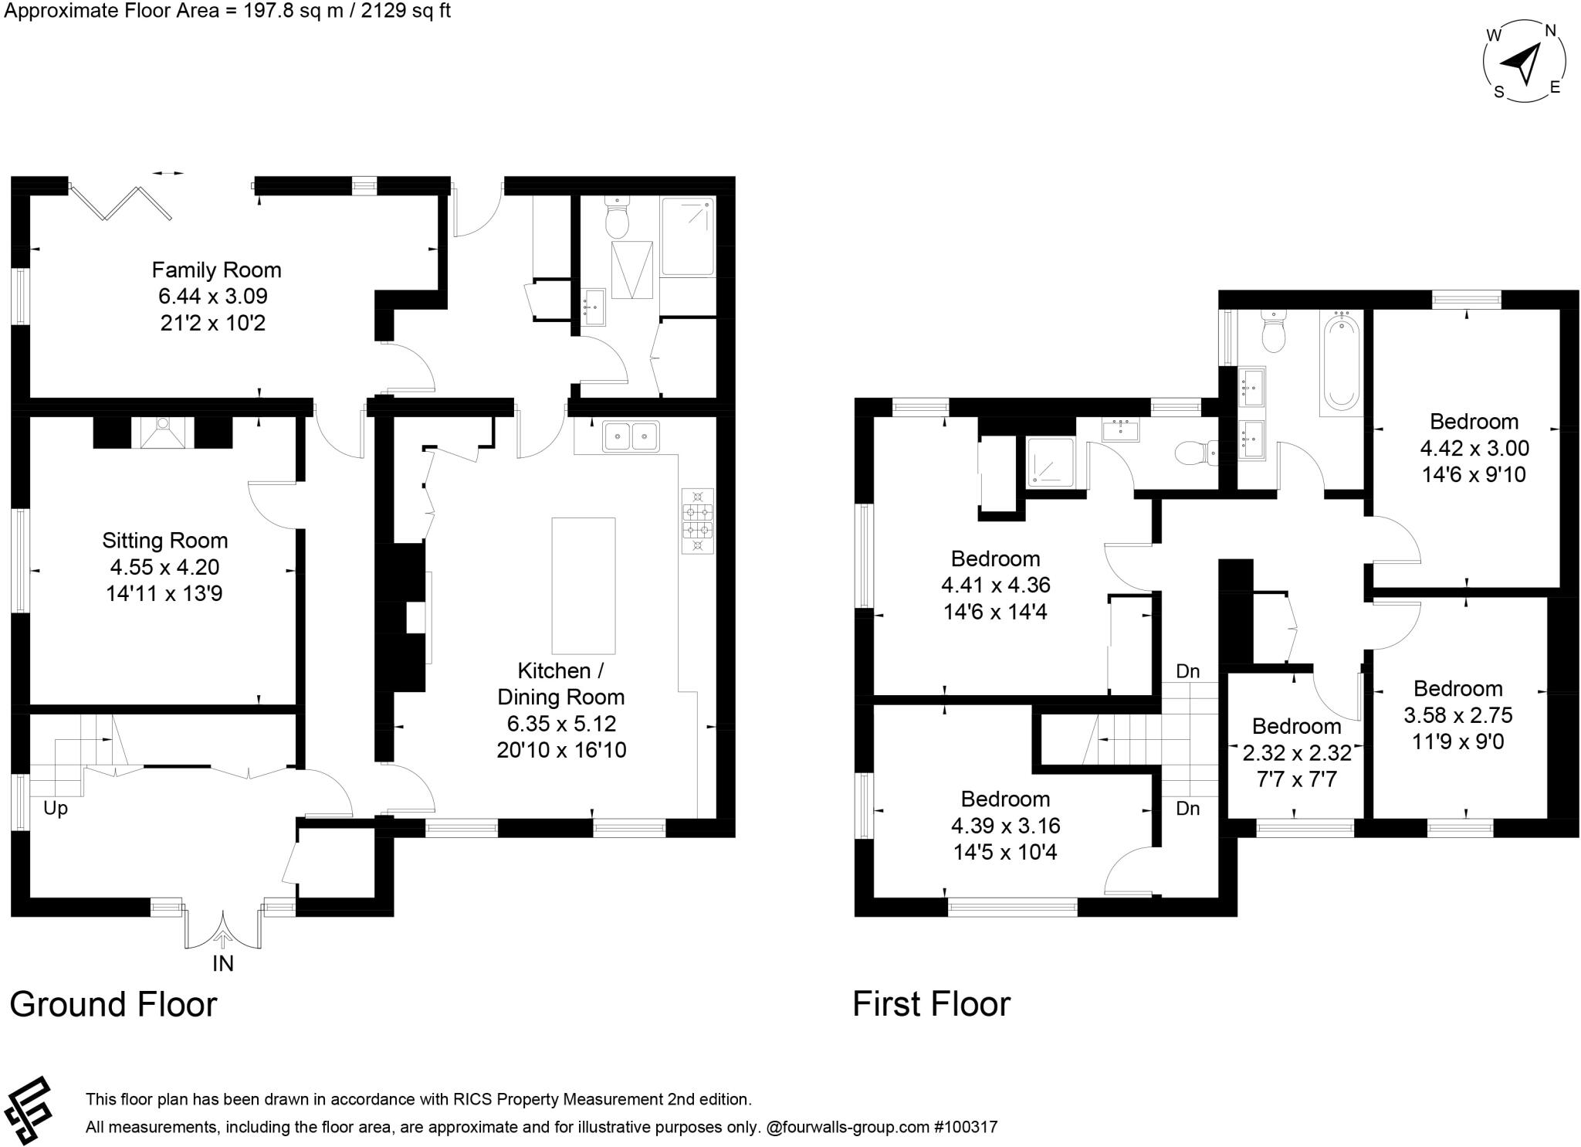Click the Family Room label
216,270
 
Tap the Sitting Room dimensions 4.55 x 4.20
164,567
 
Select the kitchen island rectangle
584,585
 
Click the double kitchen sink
631,436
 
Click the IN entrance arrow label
223,963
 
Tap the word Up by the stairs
56,808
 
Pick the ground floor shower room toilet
617,218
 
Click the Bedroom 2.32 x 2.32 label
1296,726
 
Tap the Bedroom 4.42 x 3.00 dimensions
1474,448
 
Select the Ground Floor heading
113,1004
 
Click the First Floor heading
931,1004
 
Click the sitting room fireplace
163,433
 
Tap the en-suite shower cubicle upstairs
1050,463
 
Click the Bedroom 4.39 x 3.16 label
1005,799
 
